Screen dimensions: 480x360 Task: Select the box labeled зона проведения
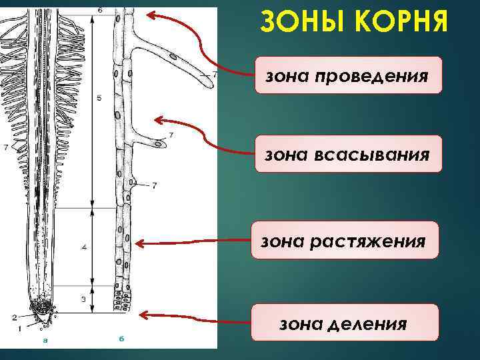(x=348, y=75)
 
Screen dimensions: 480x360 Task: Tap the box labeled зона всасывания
(x=348, y=154)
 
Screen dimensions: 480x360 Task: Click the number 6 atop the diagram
(x=100, y=11)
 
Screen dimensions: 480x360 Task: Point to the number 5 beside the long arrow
(x=99, y=99)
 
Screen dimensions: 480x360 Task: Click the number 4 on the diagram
(x=84, y=247)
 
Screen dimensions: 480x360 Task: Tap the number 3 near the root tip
(x=84, y=299)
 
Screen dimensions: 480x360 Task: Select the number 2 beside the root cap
(x=14, y=318)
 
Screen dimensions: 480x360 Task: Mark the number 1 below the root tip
(x=19, y=328)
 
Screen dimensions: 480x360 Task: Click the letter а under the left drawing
(x=45, y=340)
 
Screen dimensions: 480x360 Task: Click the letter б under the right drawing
(x=121, y=339)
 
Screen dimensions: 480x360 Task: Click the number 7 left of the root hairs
(x=5, y=147)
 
